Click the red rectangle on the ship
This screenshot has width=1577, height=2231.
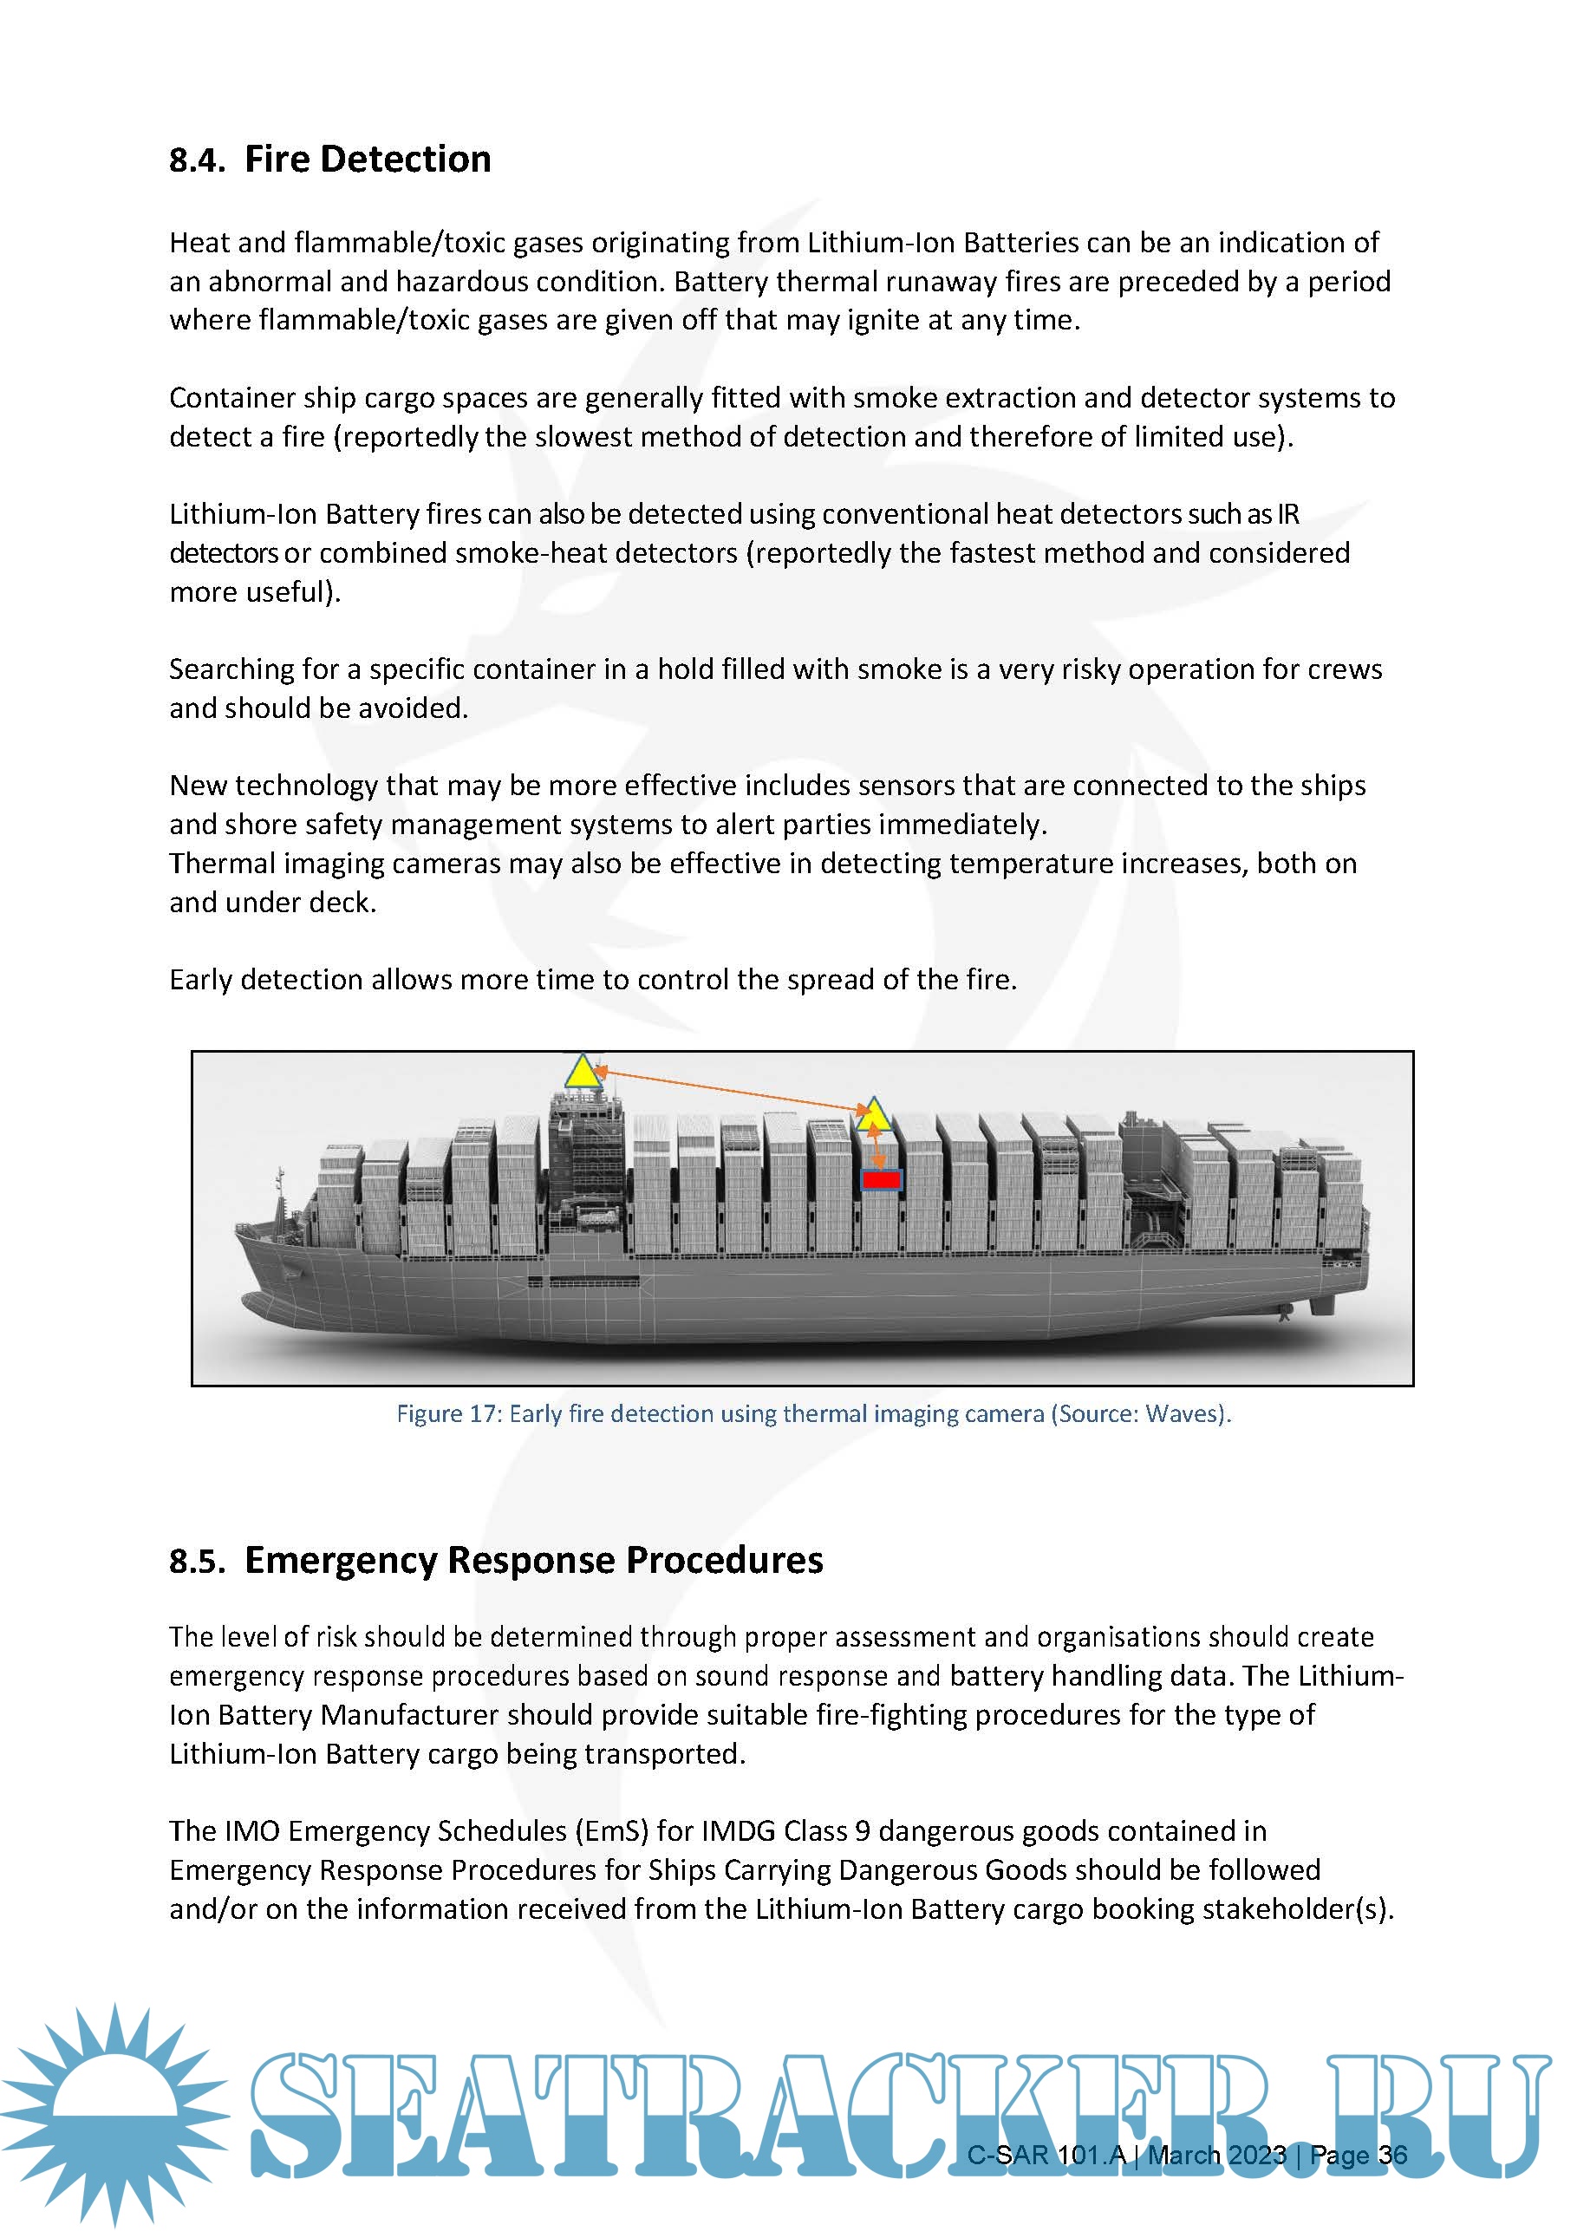point(882,1179)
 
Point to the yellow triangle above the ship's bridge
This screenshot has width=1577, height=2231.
point(581,1072)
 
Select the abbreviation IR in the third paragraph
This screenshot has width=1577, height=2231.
point(1287,514)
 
